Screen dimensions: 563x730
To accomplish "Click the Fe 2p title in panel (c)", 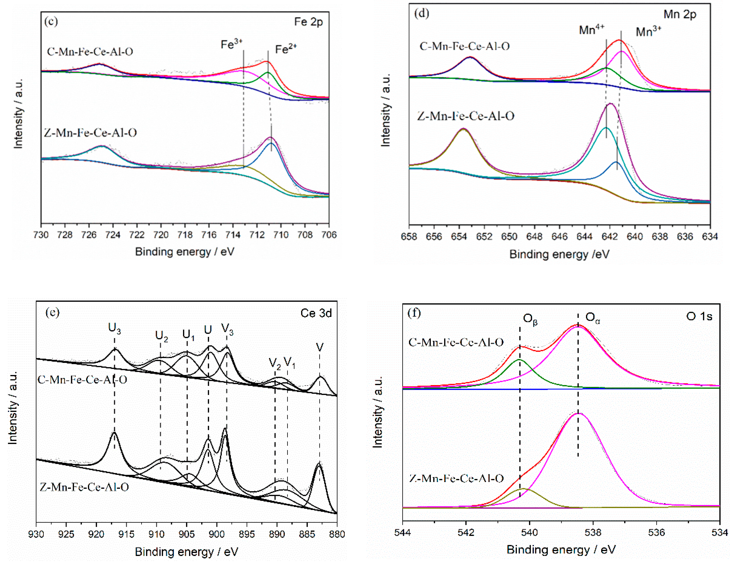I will [308, 22].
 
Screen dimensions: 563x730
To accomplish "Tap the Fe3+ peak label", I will [231, 44].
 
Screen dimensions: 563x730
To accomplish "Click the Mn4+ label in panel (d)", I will [591, 30].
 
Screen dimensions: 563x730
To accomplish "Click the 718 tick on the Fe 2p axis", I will [185, 235].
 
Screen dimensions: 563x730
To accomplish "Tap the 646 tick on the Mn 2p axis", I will [559, 237].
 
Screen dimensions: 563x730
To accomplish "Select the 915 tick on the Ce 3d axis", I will [126, 534].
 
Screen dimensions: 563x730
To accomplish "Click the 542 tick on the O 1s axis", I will [466, 532].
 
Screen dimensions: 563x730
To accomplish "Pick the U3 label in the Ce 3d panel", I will [114, 329].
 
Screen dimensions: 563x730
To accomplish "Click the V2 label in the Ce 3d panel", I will [275, 363].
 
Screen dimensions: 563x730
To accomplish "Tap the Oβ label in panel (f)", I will [530, 319].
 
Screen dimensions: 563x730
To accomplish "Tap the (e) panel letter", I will [52, 312].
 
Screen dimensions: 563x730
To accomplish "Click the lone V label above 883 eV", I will [320, 347].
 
